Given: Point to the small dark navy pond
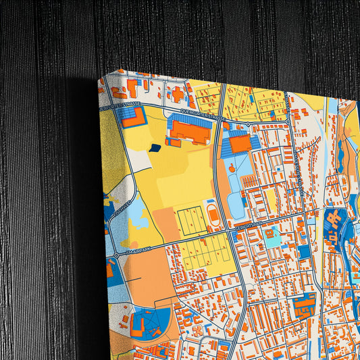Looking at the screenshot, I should pos(155,147).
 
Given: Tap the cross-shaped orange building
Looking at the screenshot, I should pos(178,94).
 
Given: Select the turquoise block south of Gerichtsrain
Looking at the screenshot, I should pos(272,237).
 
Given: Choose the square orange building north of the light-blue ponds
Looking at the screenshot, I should pos(240,144).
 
